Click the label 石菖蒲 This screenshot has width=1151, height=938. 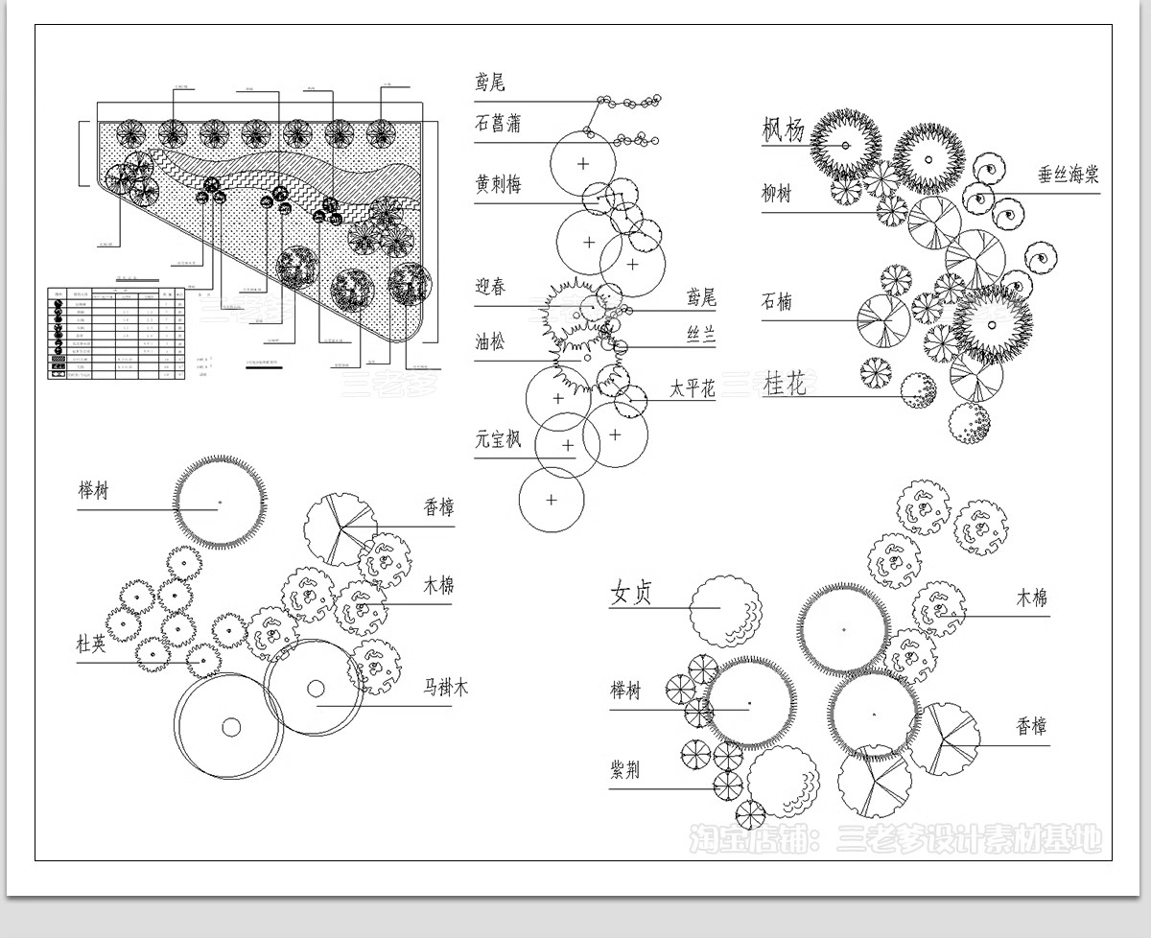pyautogui.click(x=498, y=124)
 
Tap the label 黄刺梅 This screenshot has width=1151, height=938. pyautogui.click(x=498, y=183)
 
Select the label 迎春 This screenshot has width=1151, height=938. pyautogui.click(x=490, y=287)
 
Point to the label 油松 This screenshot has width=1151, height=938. pyautogui.click(x=490, y=341)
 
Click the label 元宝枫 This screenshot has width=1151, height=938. pyautogui.click(x=498, y=439)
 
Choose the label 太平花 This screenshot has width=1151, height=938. pyautogui.click(x=693, y=390)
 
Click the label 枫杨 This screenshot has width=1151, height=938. pyautogui.click(x=783, y=129)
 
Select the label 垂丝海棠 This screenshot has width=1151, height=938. pyautogui.click(x=1068, y=176)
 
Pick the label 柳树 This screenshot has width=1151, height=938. pyautogui.click(x=777, y=194)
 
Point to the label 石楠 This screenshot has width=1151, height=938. pyautogui.click(x=777, y=302)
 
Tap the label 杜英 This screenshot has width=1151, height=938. pyautogui.click(x=92, y=645)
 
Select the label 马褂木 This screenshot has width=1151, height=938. pyautogui.click(x=447, y=688)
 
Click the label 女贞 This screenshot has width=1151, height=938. pyautogui.click(x=631, y=594)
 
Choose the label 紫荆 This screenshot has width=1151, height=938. pyautogui.click(x=625, y=770)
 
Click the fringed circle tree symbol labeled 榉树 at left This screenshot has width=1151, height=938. pyautogui.click(x=220, y=502)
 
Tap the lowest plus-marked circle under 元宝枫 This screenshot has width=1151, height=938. pyautogui.click(x=552, y=500)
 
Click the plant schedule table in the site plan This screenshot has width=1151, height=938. pyautogui.click(x=115, y=331)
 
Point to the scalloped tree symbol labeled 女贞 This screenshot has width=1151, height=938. pyautogui.click(x=725, y=611)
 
